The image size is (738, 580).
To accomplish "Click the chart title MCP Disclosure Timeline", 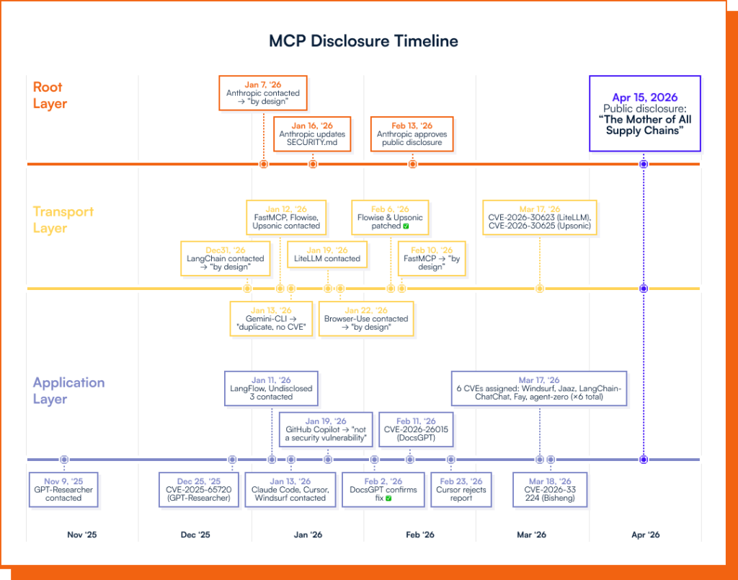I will point(363,40).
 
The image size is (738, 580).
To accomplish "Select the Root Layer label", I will point(50,95).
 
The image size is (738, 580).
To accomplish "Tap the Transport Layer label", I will point(63,220).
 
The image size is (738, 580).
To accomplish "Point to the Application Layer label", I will point(68,390).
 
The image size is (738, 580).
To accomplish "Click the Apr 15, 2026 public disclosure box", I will point(644,113).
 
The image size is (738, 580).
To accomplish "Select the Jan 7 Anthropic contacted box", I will point(263,93).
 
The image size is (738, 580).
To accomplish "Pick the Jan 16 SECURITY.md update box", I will point(312,134).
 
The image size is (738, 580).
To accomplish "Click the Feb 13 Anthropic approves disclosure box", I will point(412,134).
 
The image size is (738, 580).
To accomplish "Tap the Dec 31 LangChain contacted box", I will point(225,258).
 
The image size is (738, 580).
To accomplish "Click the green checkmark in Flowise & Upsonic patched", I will point(406,227).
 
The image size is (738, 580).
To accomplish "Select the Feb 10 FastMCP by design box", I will point(431,258).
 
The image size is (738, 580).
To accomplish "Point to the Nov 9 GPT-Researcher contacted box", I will point(63,490).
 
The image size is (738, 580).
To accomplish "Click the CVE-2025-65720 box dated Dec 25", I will point(199,490).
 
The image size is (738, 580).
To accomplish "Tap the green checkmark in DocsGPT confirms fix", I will point(388,498).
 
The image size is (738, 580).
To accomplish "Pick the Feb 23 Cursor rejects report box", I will point(461,490).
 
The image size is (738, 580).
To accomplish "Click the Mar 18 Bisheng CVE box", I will point(550,490).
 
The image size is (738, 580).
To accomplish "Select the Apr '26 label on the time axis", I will point(645,535).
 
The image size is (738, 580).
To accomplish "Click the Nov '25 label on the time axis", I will point(81,535).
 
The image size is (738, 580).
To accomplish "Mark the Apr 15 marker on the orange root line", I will point(644,164).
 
